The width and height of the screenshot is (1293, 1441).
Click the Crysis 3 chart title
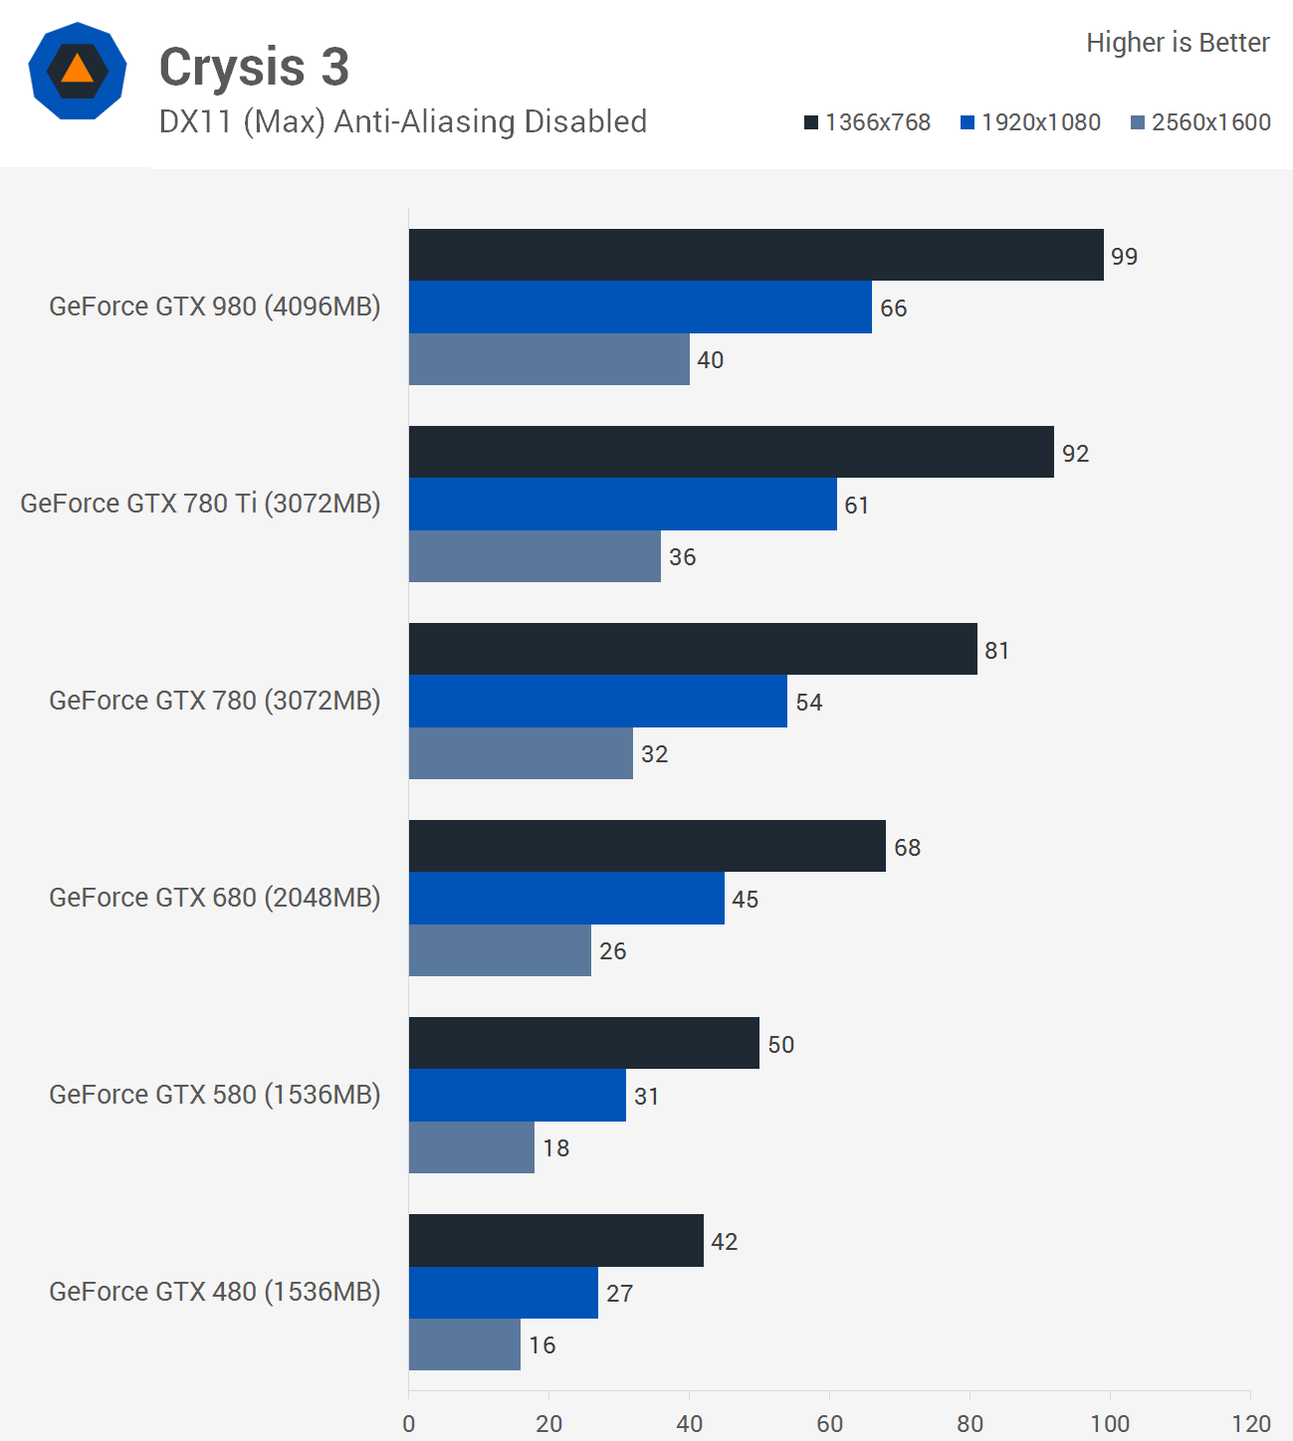pyautogui.click(x=254, y=68)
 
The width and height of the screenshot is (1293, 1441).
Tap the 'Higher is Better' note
pyautogui.click(x=1178, y=43)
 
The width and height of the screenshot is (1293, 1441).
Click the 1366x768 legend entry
pyautogui.click(x=868, y=122)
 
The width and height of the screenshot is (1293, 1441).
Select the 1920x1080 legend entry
pyautogui.click(x=1031, y=122)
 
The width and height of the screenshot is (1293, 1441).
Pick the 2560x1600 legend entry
pyautogui.click(x=1201, y=122)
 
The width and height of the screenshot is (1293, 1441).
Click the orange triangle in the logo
pyautogui.click(x=77, y=70)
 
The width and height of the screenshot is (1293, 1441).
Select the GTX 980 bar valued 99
pyautogui.click(x=755, y=255)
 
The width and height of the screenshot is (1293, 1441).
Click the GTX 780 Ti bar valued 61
pyautogui.click(x=622, y=504)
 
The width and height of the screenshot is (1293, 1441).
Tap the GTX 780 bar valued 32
pyautogui.click(x=521, y=753)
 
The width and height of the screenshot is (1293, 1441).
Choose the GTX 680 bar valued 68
pyautogui.click(x=647, y=846)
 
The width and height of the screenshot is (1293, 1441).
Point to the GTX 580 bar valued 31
pyautogui.click(x=517, y=1095)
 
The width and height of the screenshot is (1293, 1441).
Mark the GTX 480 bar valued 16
pyautogui.click(x=464, y=1344)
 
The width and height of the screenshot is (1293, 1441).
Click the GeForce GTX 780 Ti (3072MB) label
pyautogui.click(x=200, y=504)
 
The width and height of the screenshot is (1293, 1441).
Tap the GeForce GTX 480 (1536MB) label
pyautogui.click(x=215, y=1292)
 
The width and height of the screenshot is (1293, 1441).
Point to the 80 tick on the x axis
pyautogui.click(x=970, y=1424)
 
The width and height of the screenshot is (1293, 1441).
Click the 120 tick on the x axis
pyautogui.click(x=1251, y=1424)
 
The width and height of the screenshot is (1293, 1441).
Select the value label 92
pyautogui.click(x=1075, y=454)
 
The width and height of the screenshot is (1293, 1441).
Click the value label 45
pyautogui.click(x=745, y=900)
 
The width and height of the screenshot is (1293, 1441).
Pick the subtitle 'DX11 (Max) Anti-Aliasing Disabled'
pyautogui.click(x=403, y=121)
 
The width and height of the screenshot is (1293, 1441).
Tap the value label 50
pyautogui.click(x=780, y=1045)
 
